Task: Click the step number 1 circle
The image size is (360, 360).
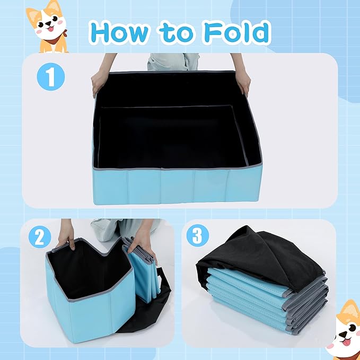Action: click(x=51, y=77)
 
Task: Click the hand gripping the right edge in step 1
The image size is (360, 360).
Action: click(x=243, y=82)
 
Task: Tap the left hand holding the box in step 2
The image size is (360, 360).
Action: click(x=66, y=235)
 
